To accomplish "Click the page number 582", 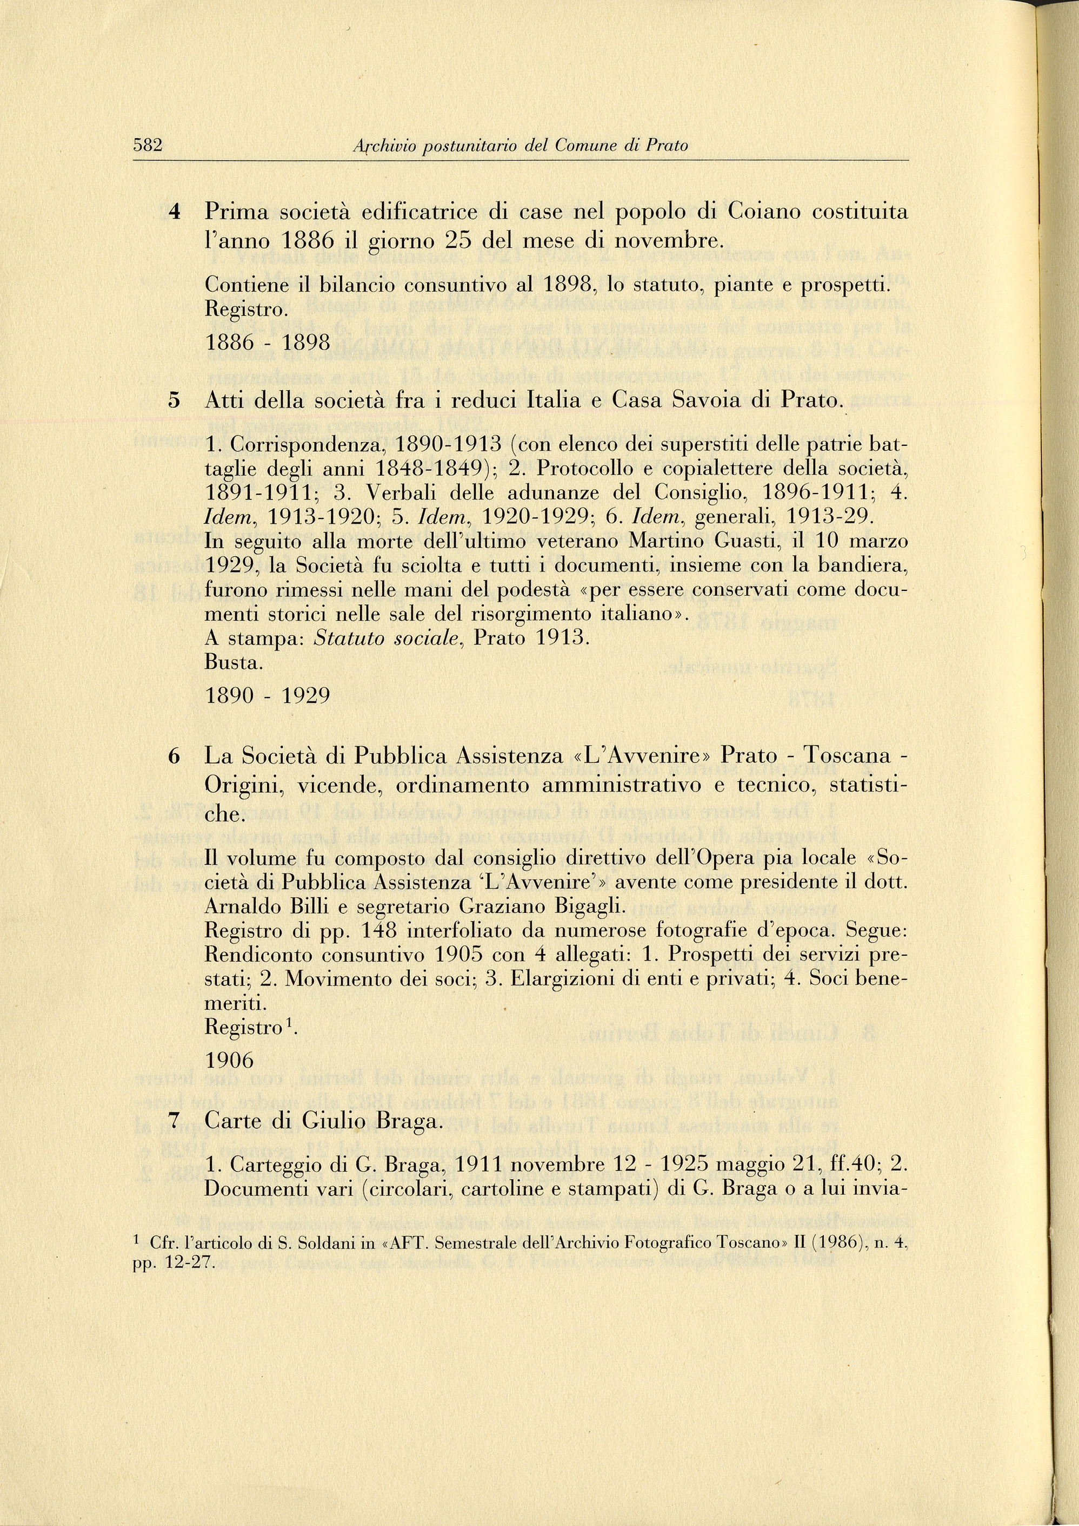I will point(148,145).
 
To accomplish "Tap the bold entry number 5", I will point(174,400).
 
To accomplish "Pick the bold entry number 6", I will point(174,756).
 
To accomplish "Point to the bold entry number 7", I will point(174,1121).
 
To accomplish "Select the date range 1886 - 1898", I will point(268,343).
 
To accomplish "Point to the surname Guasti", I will point(749,541).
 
